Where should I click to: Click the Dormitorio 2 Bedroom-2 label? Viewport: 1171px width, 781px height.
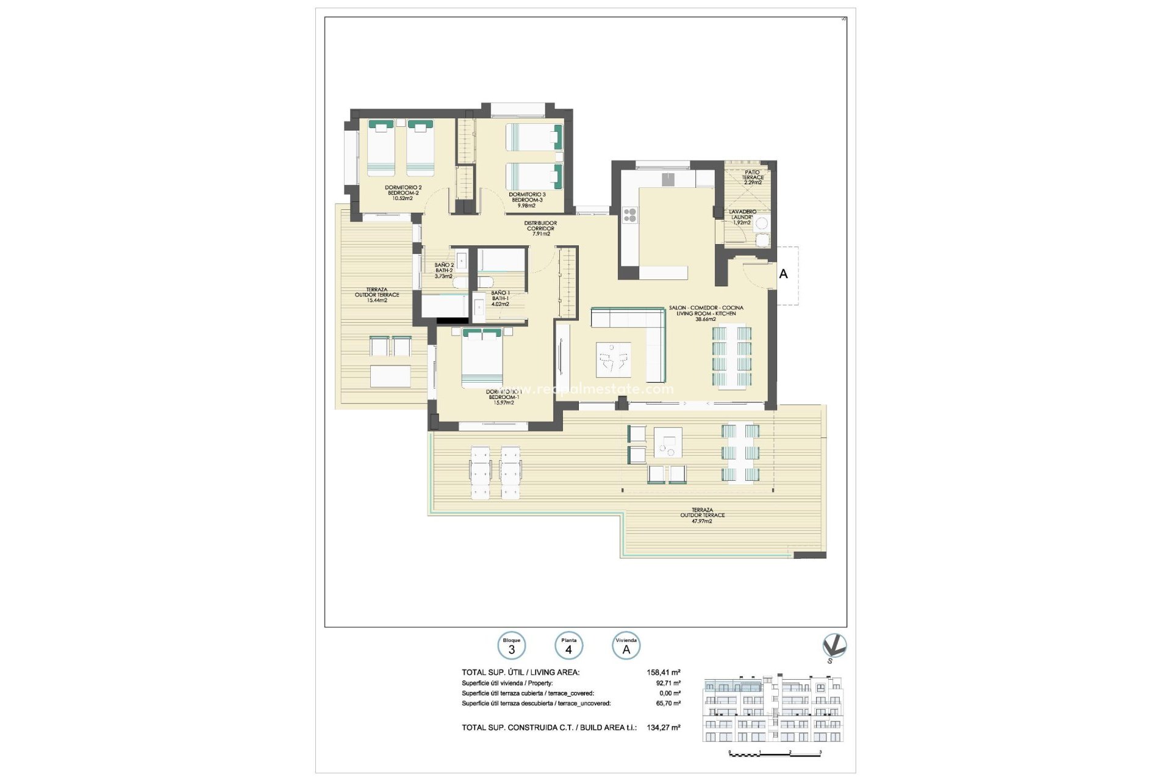pos(403,193)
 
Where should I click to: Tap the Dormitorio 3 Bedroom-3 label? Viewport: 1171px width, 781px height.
pos(527,200)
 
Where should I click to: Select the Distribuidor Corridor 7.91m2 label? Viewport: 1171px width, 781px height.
pos(540,228)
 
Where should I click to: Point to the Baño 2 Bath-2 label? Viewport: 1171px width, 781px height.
pos(443,270)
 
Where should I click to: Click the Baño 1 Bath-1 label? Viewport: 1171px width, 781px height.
pos(500,298)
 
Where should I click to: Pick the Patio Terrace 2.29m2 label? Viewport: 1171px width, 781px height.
pos(753,178)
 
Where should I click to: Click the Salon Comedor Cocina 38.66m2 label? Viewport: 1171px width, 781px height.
pos(706,313)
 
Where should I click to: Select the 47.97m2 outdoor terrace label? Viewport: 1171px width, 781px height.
pos(702,516)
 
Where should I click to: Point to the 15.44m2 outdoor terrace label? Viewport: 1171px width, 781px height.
pos(377,295)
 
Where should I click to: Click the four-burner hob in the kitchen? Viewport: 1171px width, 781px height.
pos(630,215)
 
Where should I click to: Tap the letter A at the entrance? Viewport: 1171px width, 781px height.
pos(783,274)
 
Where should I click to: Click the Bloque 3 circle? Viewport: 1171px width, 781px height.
pos(511,646)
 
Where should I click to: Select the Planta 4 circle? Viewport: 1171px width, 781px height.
pos(568,646)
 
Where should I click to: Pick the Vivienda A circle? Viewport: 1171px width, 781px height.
pos(626,646)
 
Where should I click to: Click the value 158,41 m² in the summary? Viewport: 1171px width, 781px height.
pos(664,672)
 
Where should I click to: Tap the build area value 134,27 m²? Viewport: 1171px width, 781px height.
pos(664,727)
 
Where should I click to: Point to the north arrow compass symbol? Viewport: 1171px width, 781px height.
pos(833,647)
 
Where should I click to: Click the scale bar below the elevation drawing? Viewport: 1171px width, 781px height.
pos(775,754)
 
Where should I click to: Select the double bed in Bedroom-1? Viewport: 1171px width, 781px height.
pos(482,359)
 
